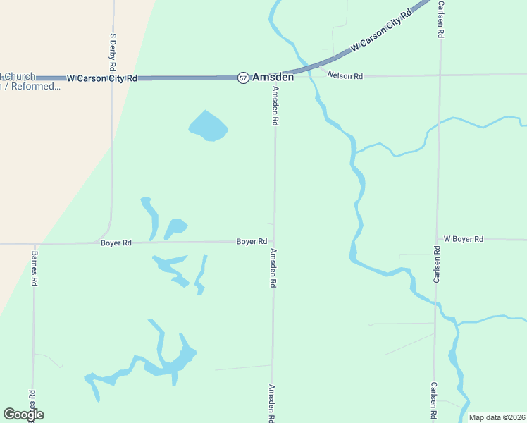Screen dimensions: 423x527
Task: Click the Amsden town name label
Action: click(x=273, y=77)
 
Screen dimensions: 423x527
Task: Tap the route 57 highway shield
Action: click(x=243, y=77)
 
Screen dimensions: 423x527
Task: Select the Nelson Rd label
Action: click(x=349, y=75)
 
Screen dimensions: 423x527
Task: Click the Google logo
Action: click(x=23, y=415)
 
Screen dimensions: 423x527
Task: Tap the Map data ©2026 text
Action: click(x=497, y=417)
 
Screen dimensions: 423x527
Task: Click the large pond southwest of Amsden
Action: click(x=208, y=127)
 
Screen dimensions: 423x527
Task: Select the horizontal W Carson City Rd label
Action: click(x=101, y=78)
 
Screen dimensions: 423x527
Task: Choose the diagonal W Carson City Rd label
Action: click(x=380, y=30)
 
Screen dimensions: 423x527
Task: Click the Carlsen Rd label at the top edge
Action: click(x=440, y=19)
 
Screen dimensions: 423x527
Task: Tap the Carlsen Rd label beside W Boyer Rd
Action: click(x=437, y=264)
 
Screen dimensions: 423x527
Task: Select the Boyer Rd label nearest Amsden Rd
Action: click(x=252, y=241)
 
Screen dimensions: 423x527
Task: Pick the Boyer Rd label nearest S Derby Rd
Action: click(x=116, y=243)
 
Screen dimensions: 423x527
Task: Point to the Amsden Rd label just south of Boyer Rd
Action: click(x=273, y=269)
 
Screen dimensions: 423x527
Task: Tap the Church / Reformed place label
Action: click(x=31, y=82)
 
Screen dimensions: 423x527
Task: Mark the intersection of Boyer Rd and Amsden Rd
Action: click(x=274, y=241)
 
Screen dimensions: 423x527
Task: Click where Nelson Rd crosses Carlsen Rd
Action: click(x=440, y=75)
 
